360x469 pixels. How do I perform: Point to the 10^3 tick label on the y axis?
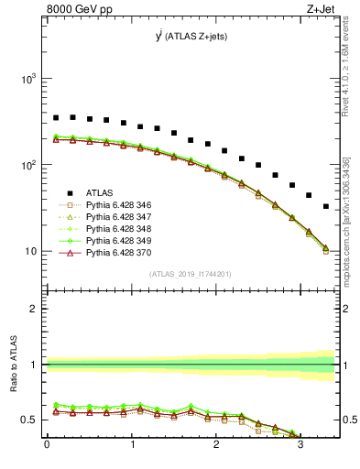(29, 80)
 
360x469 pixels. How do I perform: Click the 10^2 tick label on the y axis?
(29, 166)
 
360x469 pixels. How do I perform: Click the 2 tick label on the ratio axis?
(34, 310)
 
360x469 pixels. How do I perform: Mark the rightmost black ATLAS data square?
(326, 206)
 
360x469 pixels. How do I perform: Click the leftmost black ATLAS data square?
(56, 117)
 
